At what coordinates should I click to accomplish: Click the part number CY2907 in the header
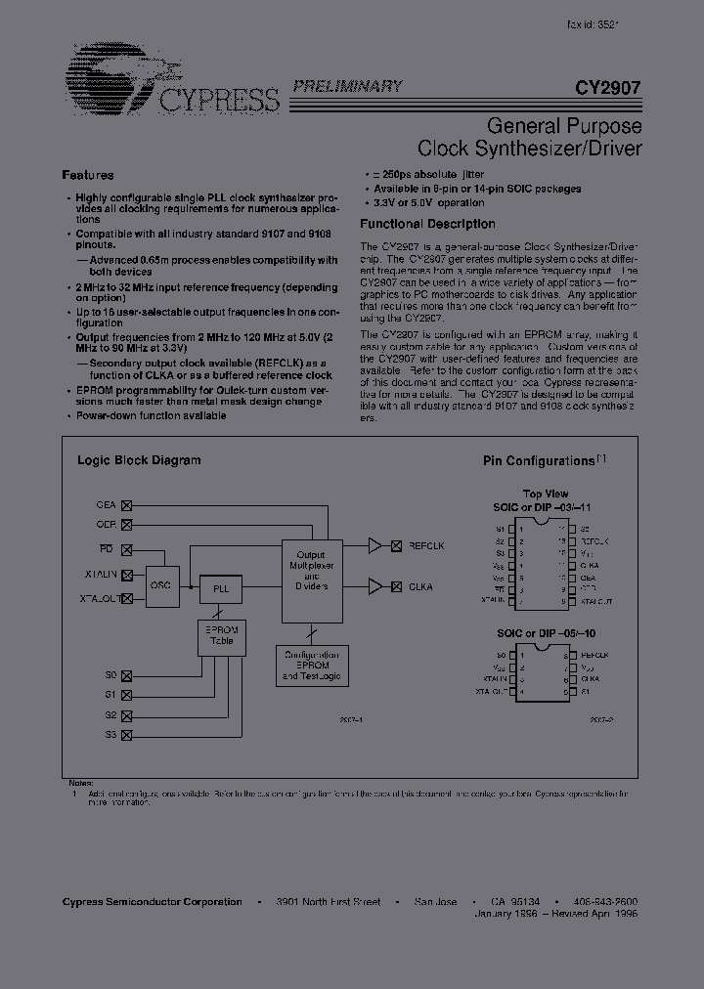tap(608, 87)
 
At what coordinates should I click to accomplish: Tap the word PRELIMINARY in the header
tap(349, 86)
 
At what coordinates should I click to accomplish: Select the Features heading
tap(88, 175)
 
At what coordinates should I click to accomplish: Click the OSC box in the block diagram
tap(160, 583)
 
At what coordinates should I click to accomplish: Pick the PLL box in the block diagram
tap(221, 589)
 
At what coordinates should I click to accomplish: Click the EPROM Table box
tap(221, 637)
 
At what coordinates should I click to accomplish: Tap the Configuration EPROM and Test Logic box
tap(310, 665)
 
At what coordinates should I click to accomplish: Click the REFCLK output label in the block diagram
tap(427, 546)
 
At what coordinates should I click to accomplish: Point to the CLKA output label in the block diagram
tap(420, 586)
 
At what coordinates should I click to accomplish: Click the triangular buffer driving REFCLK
tap(375, 546)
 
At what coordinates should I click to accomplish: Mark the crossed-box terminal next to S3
tap(125, 735)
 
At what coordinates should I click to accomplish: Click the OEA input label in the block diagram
tap(106, 505)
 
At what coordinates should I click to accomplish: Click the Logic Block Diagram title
tap(139, 459)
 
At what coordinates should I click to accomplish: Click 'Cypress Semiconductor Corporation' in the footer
tap(152, 901)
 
